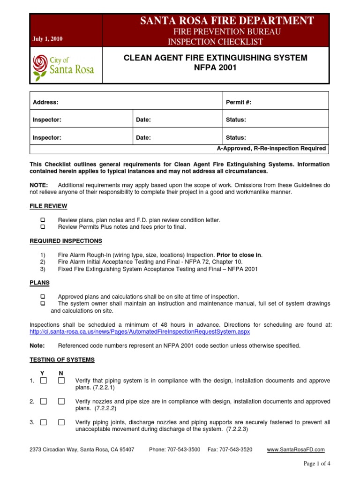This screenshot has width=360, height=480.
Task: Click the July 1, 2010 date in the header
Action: pos(48,39)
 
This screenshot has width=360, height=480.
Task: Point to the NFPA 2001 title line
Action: pos(215,67)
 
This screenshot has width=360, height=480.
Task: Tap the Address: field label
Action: pos(45,102)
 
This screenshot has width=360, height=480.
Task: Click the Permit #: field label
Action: pos(241,102)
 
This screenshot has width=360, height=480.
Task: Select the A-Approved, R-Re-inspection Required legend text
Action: pos(271,149)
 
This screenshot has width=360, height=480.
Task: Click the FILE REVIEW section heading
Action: pos(48,206)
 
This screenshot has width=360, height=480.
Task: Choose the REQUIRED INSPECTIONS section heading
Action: pos(66,241)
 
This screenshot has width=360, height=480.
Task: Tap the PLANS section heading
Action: pos(39,283)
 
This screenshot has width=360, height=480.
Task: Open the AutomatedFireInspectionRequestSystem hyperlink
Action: pos(140,331)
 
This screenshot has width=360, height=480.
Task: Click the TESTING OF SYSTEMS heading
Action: pos(62,360)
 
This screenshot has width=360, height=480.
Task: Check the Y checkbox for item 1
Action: pos(44,381)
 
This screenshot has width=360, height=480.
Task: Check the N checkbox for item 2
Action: pos(61,402)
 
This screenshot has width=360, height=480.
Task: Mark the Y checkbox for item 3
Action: pos(44,422)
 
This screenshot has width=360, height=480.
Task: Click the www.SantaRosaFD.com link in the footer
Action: pos(295,450)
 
